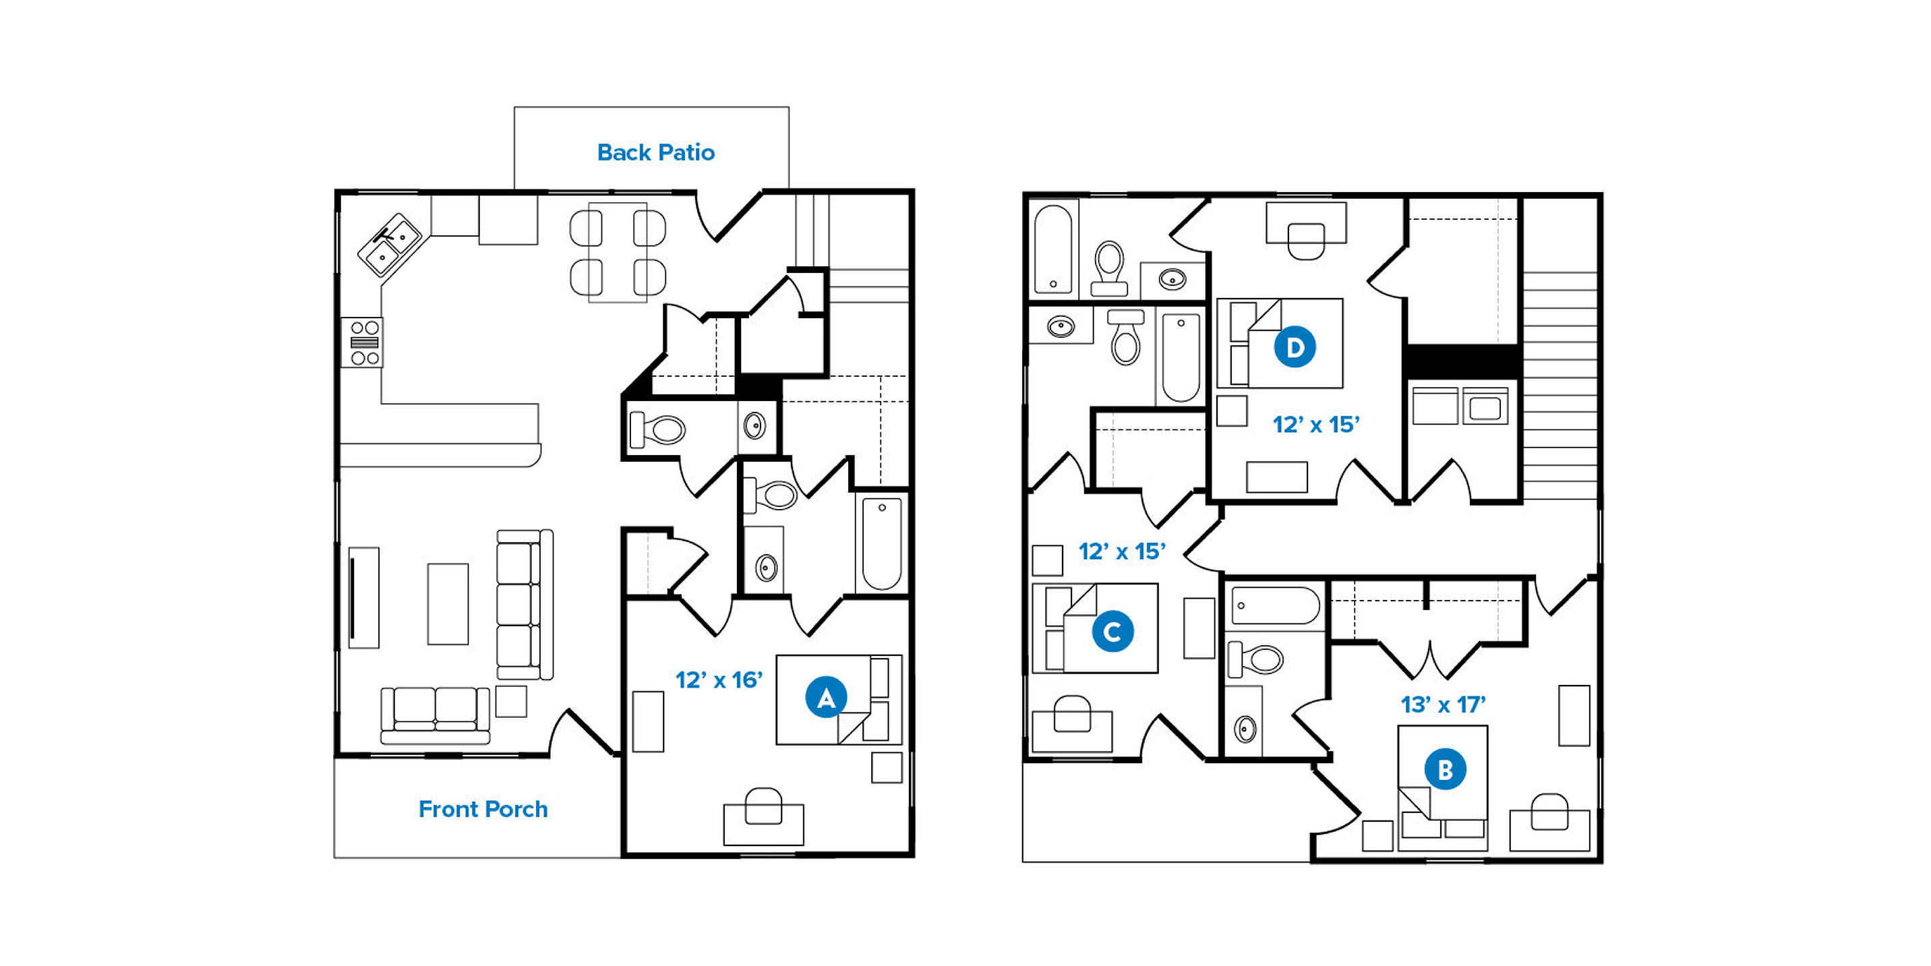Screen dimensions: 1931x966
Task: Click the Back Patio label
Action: point(656,152)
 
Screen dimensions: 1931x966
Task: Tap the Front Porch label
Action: point(483,809)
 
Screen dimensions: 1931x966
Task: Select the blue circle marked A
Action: point(826,698)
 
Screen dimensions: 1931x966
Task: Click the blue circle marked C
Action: point(1112,632)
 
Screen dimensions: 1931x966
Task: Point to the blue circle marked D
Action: point(1295,347)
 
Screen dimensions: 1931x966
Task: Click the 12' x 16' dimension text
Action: point(719,680)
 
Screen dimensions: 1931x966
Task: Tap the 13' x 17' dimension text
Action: point(1443,704)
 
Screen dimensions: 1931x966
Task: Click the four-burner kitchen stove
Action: point(364,342)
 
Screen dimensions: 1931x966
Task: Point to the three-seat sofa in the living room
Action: point(525,605)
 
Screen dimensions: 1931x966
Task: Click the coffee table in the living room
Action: point(448,604)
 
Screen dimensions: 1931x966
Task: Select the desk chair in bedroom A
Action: point(764,806)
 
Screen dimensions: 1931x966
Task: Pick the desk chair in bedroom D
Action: point(1306,241)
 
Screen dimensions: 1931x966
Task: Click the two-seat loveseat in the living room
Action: point(435,716)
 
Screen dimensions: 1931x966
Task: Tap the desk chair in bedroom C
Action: point(1072,713)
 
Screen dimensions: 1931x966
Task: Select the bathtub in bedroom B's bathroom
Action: point(1274,605)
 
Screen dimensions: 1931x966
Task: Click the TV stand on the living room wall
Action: point(364,597)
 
